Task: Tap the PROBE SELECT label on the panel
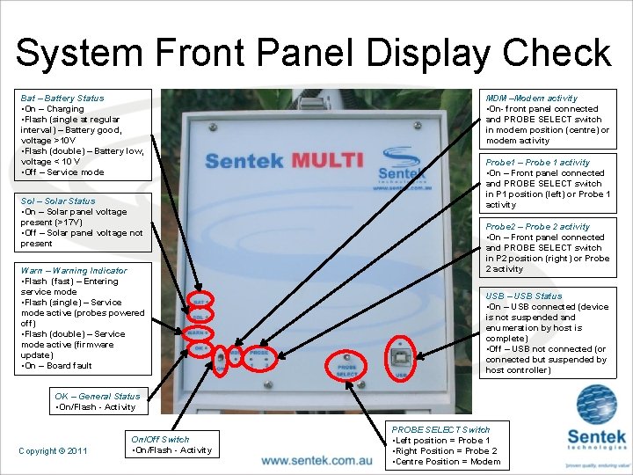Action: pos(347,369)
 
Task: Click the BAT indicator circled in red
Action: pos(200,300)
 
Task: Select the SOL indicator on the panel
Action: pos(200,316)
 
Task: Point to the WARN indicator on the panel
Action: pos(200,332)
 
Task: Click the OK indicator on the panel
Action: pos(200,349)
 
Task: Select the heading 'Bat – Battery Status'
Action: pos(62,99)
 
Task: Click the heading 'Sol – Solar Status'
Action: pos(58,201)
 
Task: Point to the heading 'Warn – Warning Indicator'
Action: pos(74,271)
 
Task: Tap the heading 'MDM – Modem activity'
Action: pos(532,99)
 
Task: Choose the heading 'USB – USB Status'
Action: pos(524,296)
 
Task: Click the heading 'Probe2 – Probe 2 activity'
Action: pos(538,227)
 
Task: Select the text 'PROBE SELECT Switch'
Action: pos(441,429)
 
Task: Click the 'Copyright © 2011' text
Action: pos(53,451)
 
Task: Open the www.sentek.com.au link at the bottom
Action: pos(316,460)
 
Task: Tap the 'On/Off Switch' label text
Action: pos(160,439)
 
